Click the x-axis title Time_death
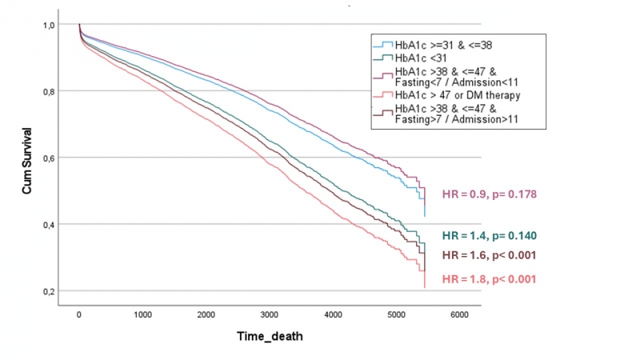270,337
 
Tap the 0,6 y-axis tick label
49,158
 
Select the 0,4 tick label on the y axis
49,224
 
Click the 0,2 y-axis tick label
49,290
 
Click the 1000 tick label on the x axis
142,315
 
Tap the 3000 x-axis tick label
270,315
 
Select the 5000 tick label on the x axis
397,315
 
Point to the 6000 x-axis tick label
460,315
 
